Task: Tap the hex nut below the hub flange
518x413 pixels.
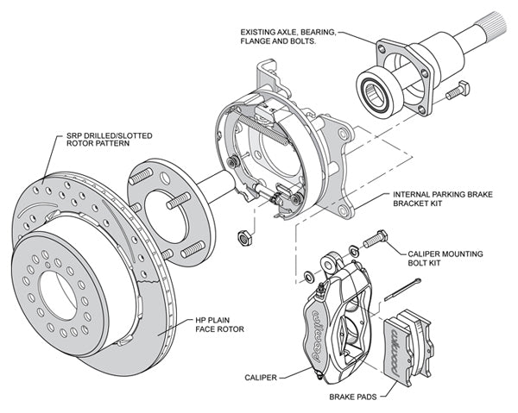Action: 244,235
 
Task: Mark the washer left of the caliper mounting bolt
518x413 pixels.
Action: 309,276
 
